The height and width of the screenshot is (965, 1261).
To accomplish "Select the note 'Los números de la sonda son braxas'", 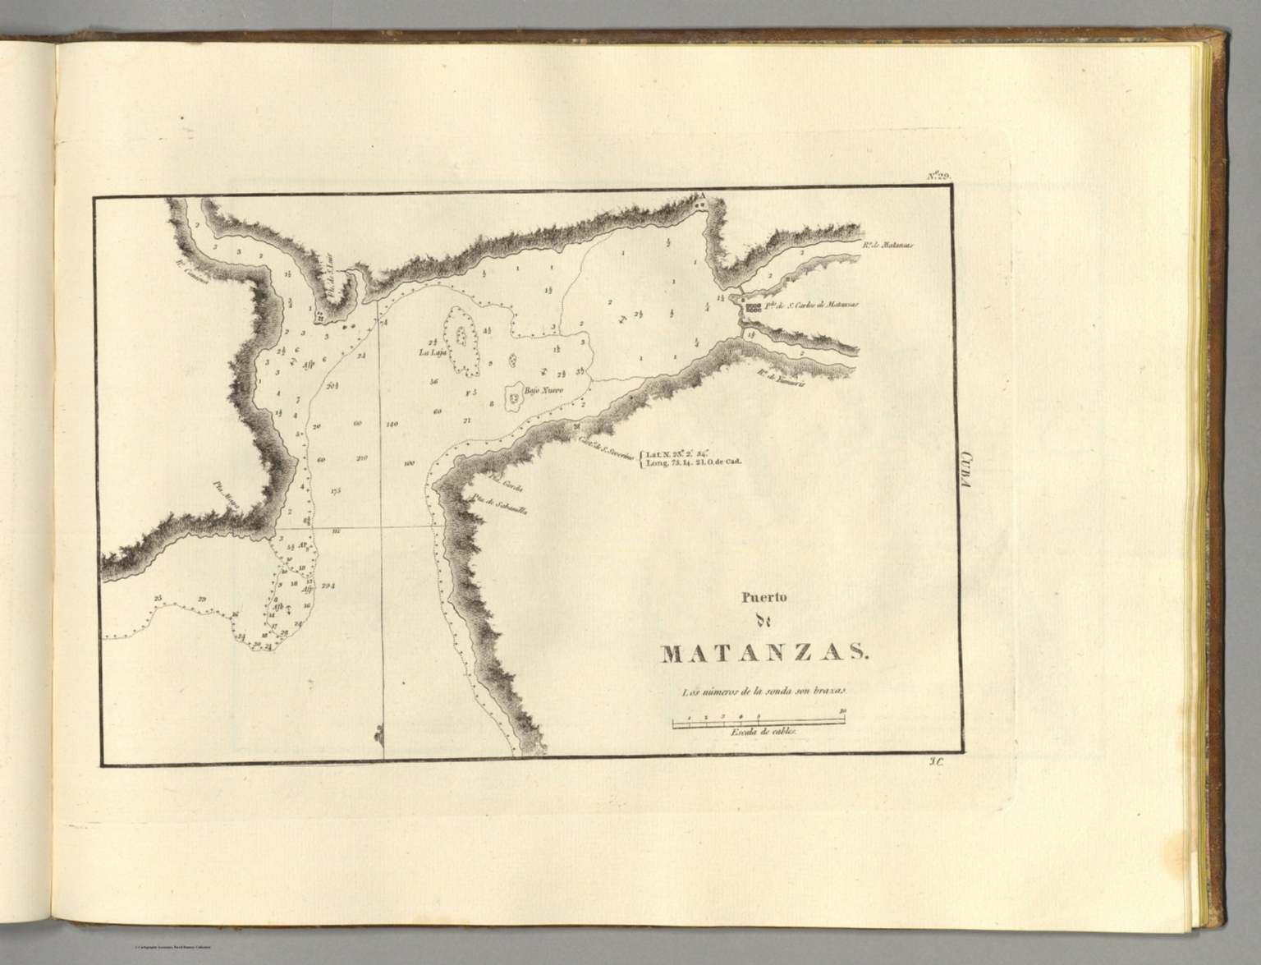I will pos(763,692).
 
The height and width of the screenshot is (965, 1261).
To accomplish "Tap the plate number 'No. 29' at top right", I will pos(938,175).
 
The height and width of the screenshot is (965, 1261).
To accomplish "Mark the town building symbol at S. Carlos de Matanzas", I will pos(753,309).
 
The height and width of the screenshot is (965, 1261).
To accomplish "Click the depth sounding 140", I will pos(391,425).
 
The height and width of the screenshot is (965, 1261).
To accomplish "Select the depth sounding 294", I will pos(329,586).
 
